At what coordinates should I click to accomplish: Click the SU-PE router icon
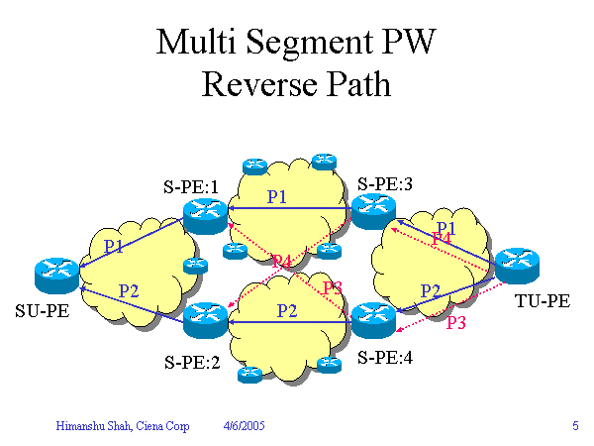pos(56,272)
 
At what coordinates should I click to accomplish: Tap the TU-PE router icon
pos(517,264)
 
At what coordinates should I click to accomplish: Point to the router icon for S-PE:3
pos(373,209)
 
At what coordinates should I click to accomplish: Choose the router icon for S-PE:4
pos(372,319)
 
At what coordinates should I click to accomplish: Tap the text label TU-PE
pos(544,301)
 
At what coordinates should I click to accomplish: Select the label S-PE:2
pos(191,361)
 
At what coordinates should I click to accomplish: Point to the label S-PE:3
pos(385,183)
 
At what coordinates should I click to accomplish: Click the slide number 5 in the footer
pos(575,426)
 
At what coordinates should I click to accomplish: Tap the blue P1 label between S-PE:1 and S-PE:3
pos(277,197)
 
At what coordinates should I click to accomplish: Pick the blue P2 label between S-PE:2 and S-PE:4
pos(287,310)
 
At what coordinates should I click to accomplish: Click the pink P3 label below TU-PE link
pos(456,323)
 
